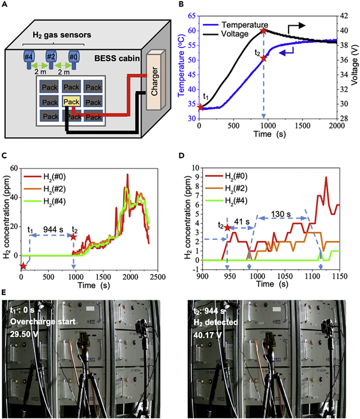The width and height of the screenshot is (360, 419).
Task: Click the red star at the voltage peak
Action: pos(263,31)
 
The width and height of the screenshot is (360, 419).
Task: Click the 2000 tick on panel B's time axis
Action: pos(335,126)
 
